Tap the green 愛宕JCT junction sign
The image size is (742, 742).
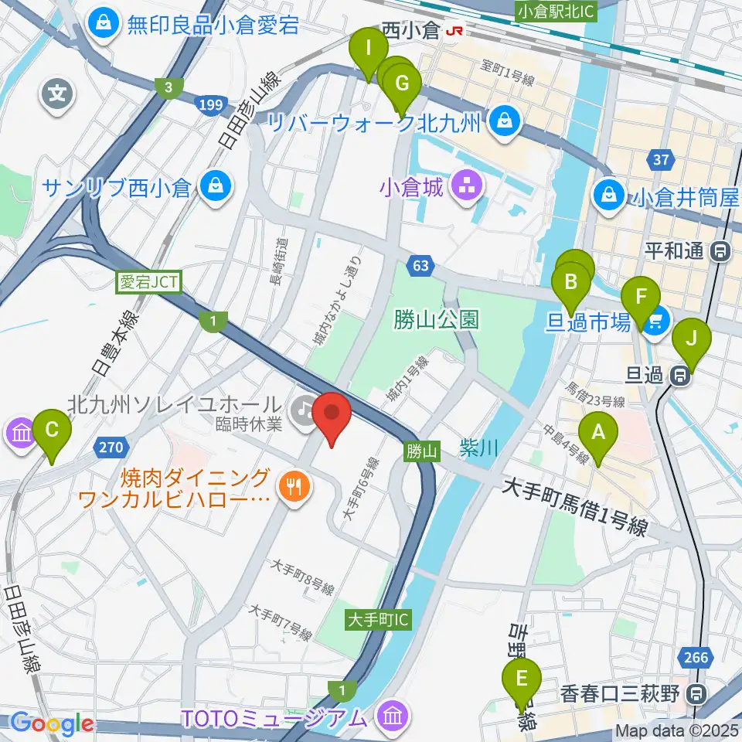(148, 284)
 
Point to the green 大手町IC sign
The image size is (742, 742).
(379, 619)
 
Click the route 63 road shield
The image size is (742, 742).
(420, 266)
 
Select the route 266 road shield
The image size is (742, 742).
(696, 657)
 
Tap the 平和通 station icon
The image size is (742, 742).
(721, 251)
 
